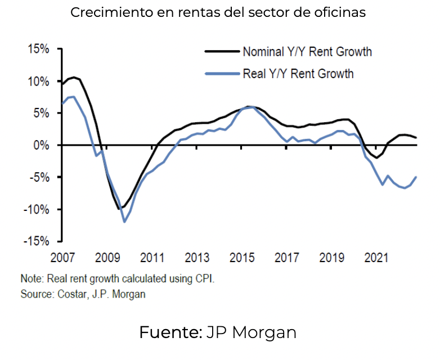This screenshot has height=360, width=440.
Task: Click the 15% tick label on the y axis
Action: click(38, 49)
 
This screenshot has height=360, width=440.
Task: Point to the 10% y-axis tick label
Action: click(38, 82)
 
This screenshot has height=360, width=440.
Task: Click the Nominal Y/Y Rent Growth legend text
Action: click(307, 52)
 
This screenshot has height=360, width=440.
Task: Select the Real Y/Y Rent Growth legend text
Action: click(298, 73)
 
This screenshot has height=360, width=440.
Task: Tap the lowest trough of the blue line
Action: click(124, 222)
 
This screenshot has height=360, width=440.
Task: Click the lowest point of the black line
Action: click(120, 209)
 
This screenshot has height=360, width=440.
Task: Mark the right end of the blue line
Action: click(416, 177)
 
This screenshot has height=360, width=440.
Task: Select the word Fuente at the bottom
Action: click(170, 332)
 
